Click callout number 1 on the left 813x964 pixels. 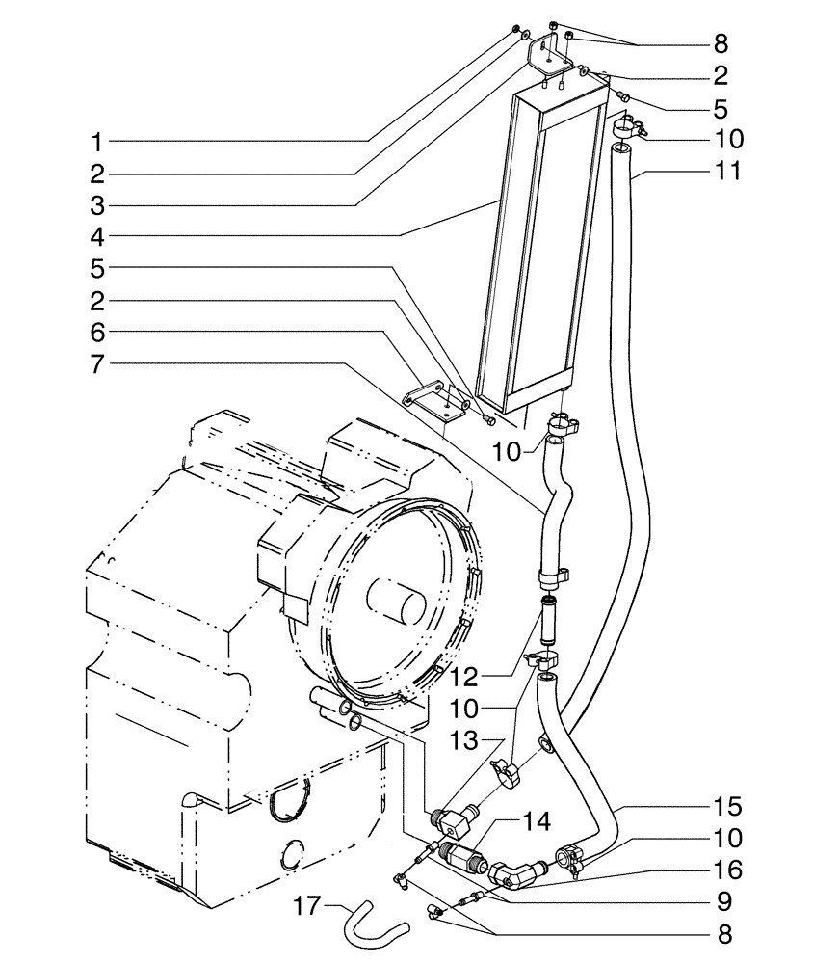coord(96,142)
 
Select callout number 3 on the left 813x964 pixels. coord(96,205)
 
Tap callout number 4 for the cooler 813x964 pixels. coord(96,237)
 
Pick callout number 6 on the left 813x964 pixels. coord(96,332)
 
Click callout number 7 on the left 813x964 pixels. coord(96,363)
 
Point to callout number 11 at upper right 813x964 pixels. coord(729,171)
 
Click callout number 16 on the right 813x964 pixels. coord(729,870)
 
